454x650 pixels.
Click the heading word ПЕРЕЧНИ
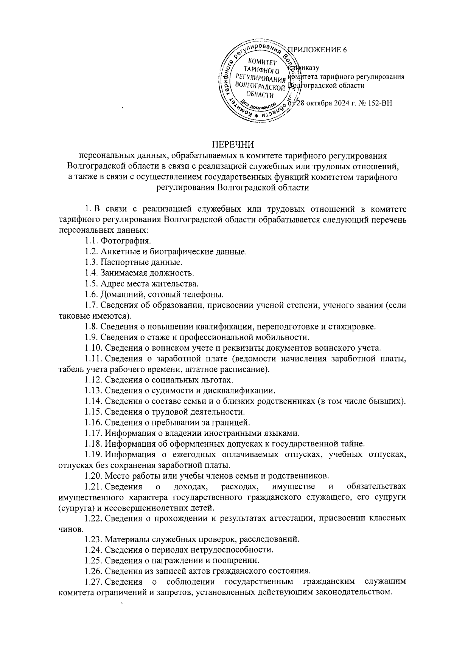click(x=232, y=144)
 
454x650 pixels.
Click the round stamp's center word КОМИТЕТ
click(x=262, y=62)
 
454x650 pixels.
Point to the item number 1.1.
click(x=91, y=240)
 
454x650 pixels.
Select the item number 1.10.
click(x=93, y=347)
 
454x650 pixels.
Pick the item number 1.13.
click(x=93, y=390)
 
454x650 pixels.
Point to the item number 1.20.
click(x=93, y=475)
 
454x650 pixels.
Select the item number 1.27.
click(x=93, y=582)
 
